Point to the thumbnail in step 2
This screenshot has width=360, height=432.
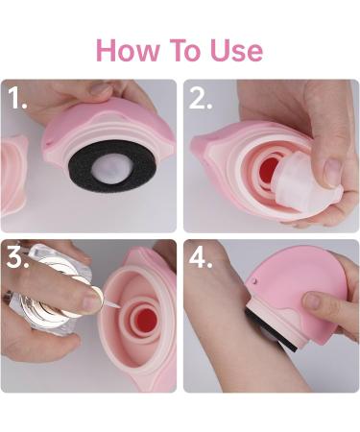click(331, 171)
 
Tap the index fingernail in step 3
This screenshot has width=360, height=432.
click(89, 301)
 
